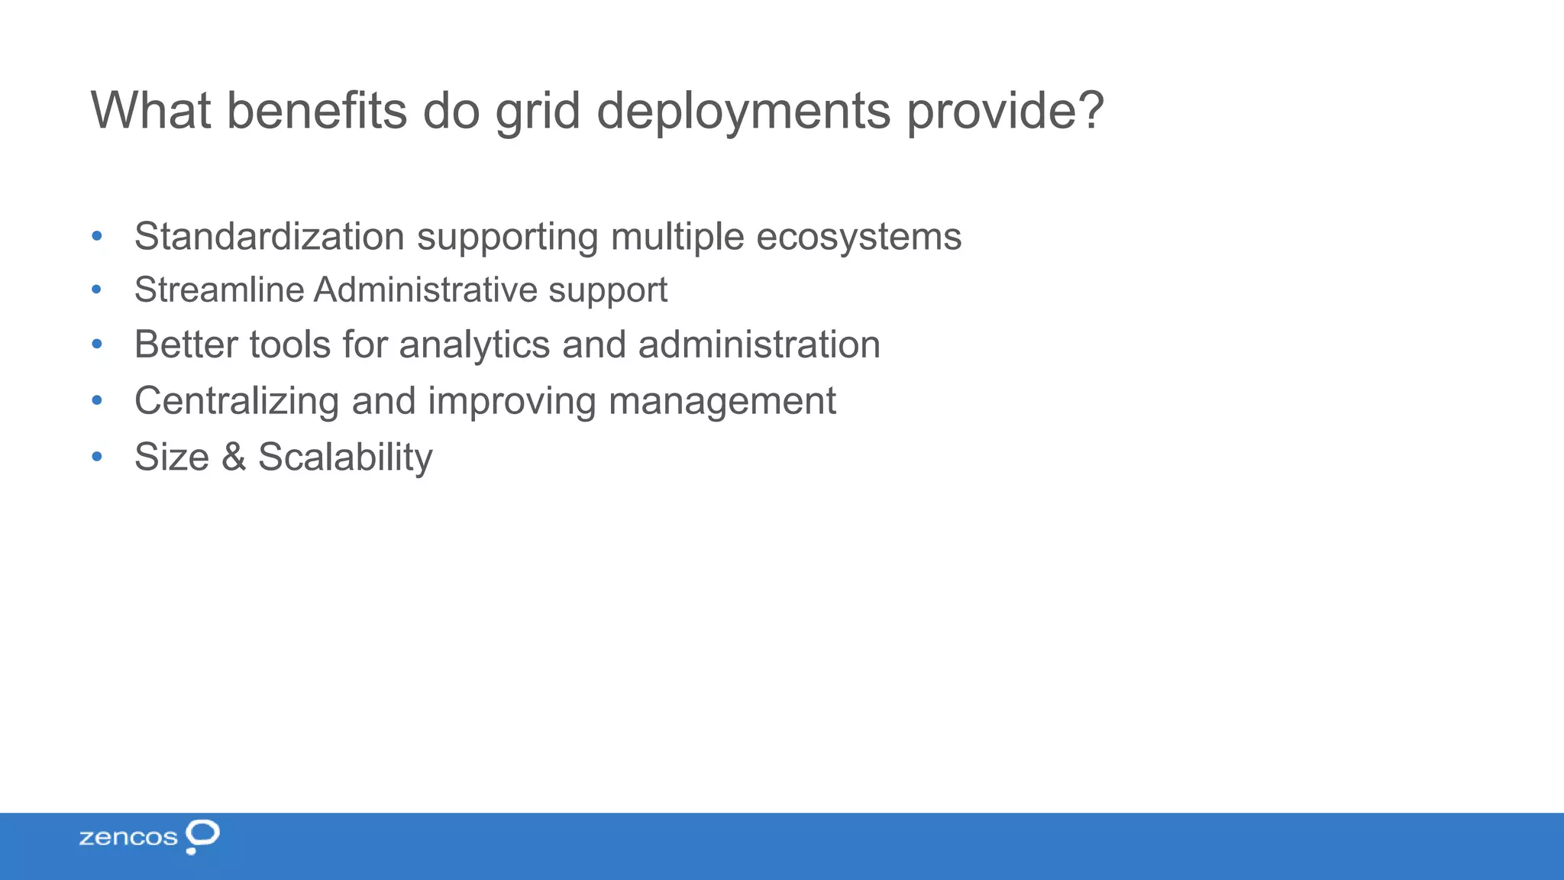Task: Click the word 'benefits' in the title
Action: (x=316, y=111)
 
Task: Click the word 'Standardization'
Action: (x=270, y=236)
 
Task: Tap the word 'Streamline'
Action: (x=219, y=290)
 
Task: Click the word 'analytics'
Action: (x=474, y=345)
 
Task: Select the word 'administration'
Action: (x=759, y=345)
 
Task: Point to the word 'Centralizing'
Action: (x=237, y=401)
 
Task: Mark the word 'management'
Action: (x=722, y=402)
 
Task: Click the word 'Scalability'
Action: (x=345, y=458)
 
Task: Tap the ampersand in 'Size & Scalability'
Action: (x=234, y=457)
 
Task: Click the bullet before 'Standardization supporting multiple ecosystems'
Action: (x=96, y=236)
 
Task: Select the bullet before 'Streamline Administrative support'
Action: (x=96, y=290)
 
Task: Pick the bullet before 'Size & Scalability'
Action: (x=96, y=457)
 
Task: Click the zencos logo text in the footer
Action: (x=128, y=837)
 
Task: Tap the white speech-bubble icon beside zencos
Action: (x=202, y=836)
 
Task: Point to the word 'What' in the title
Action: (x=150, y=111)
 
